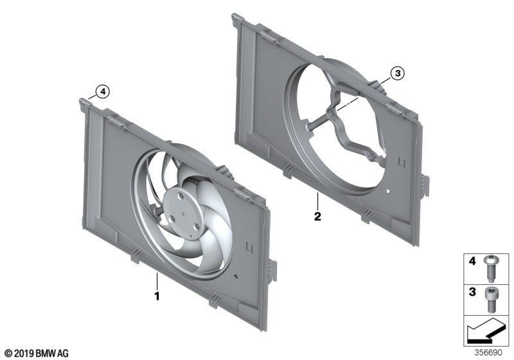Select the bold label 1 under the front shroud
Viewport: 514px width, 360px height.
point(155,296)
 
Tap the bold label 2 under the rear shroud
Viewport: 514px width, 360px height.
point(317,217)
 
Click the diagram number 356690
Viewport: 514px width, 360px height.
point(490,353)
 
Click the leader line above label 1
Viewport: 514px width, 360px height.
point(155,280)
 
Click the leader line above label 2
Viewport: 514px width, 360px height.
point(317,201)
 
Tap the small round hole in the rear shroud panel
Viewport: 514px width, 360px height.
point(390,192)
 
